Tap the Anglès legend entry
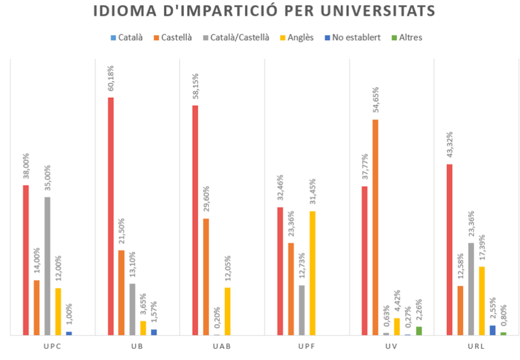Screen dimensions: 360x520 coord(299,38)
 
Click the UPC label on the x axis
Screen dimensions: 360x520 coord(52,346)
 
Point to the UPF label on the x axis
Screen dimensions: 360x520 coord(306,346)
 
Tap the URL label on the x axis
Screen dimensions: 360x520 coord(477,346)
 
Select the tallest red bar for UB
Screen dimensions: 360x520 coord(111,216)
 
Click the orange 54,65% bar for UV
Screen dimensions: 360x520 coord(376,227)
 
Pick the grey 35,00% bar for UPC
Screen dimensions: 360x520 coord(47,266)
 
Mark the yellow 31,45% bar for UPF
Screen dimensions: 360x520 coord(313,273)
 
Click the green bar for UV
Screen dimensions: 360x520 coord(419,331)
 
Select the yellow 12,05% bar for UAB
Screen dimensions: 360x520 coord(228,311)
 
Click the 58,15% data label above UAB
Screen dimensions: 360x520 coord(196,83)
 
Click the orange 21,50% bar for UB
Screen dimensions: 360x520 coord(121,293)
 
